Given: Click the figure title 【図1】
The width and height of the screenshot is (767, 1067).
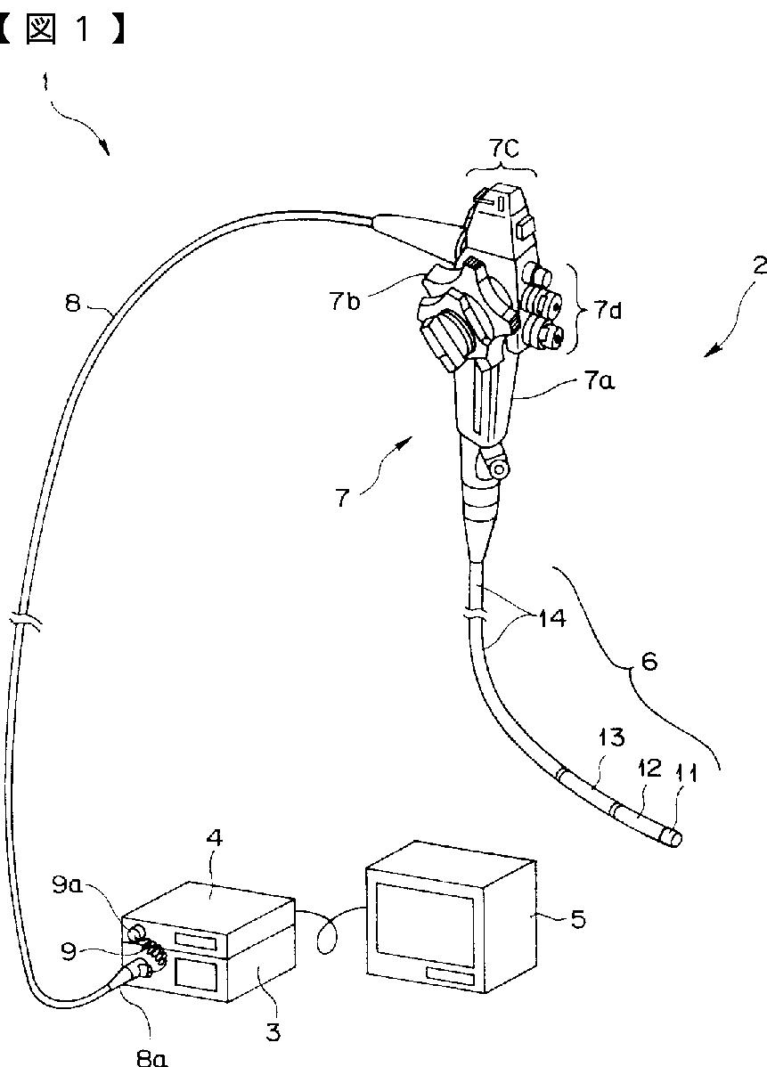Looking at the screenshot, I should [62, 30].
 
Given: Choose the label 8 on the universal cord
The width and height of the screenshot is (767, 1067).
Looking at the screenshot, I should [73, 303].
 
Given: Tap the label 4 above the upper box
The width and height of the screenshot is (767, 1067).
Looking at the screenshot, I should [216, 838].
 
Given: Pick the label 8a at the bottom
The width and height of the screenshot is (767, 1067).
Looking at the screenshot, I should [151, 1057].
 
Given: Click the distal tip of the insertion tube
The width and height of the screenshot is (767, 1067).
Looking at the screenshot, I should [676, 837].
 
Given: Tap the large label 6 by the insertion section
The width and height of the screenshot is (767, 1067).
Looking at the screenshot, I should [649, 663].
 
